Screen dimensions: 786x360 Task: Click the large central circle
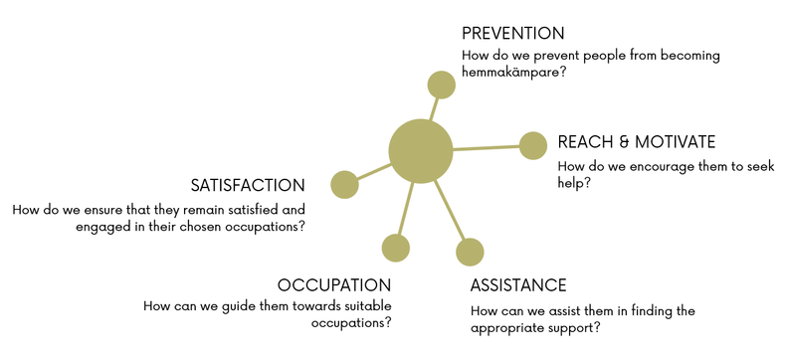coord(421,151)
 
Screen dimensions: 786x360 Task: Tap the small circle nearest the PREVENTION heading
coord(441,85)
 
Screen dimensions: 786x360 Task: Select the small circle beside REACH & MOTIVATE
coord(533,146)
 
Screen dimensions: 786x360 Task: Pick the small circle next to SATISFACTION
coord(345,184)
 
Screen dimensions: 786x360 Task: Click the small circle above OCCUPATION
coord(396,248)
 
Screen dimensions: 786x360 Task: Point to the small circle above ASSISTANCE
coord(470,252)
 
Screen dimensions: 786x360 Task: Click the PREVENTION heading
coord(512,34)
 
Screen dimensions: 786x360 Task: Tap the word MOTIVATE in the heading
coord(676,142)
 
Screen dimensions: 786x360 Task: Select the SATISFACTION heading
coord(248,186)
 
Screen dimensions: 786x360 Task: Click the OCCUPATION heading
coord(334,285)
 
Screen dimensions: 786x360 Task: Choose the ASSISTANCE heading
coord(518,285)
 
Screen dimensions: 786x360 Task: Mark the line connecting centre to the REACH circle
coord(487,148)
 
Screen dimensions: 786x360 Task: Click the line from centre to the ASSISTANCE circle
coord(450,210)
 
